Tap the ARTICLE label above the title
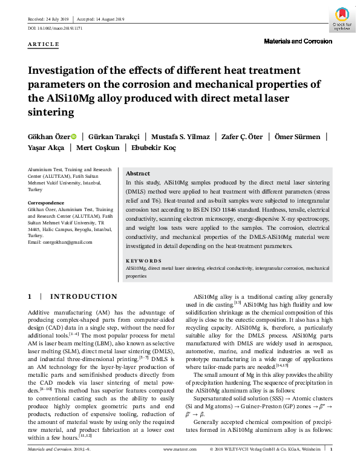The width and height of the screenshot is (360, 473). (44, 44)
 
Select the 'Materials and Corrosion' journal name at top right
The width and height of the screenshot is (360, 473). (298, 42)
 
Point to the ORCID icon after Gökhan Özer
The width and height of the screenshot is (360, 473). (74, 137)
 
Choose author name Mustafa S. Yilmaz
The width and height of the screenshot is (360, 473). (180, 137)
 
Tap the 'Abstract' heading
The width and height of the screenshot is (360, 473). (137, 172)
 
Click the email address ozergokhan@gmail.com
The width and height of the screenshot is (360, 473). (61, 242)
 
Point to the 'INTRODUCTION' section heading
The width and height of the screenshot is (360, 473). (83, 297)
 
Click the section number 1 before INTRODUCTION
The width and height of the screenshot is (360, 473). (30, 297)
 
